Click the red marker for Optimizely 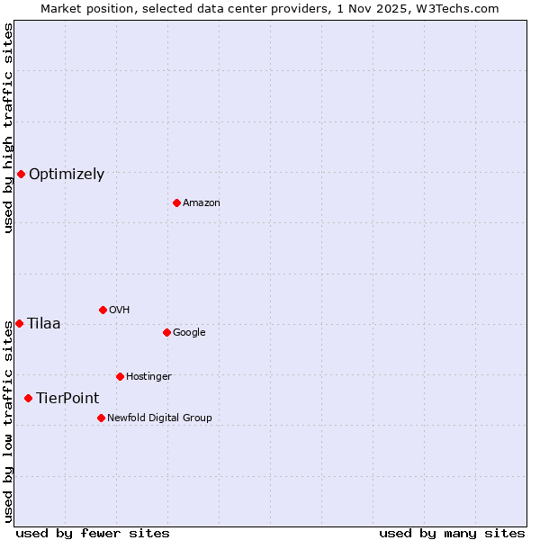coord(21,174)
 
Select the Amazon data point coord(176,202)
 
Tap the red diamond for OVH coord(103,310)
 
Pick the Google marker coord(166,332)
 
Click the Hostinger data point coord(120,376)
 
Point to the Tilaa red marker coord(19,323)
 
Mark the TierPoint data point coord(28,398)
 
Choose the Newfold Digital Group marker coord(101,418)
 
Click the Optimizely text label coord(67,175)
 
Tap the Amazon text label coord(202,203)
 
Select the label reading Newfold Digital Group coord(159,418)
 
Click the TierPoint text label coord(67,399)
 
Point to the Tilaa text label coord(44,324)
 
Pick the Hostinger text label coord(148,376)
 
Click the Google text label coord(189,333)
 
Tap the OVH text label coord(119,310)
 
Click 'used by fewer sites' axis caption coord(93,534)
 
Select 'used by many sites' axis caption coord(452,534)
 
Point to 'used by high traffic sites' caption coord(8,129)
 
